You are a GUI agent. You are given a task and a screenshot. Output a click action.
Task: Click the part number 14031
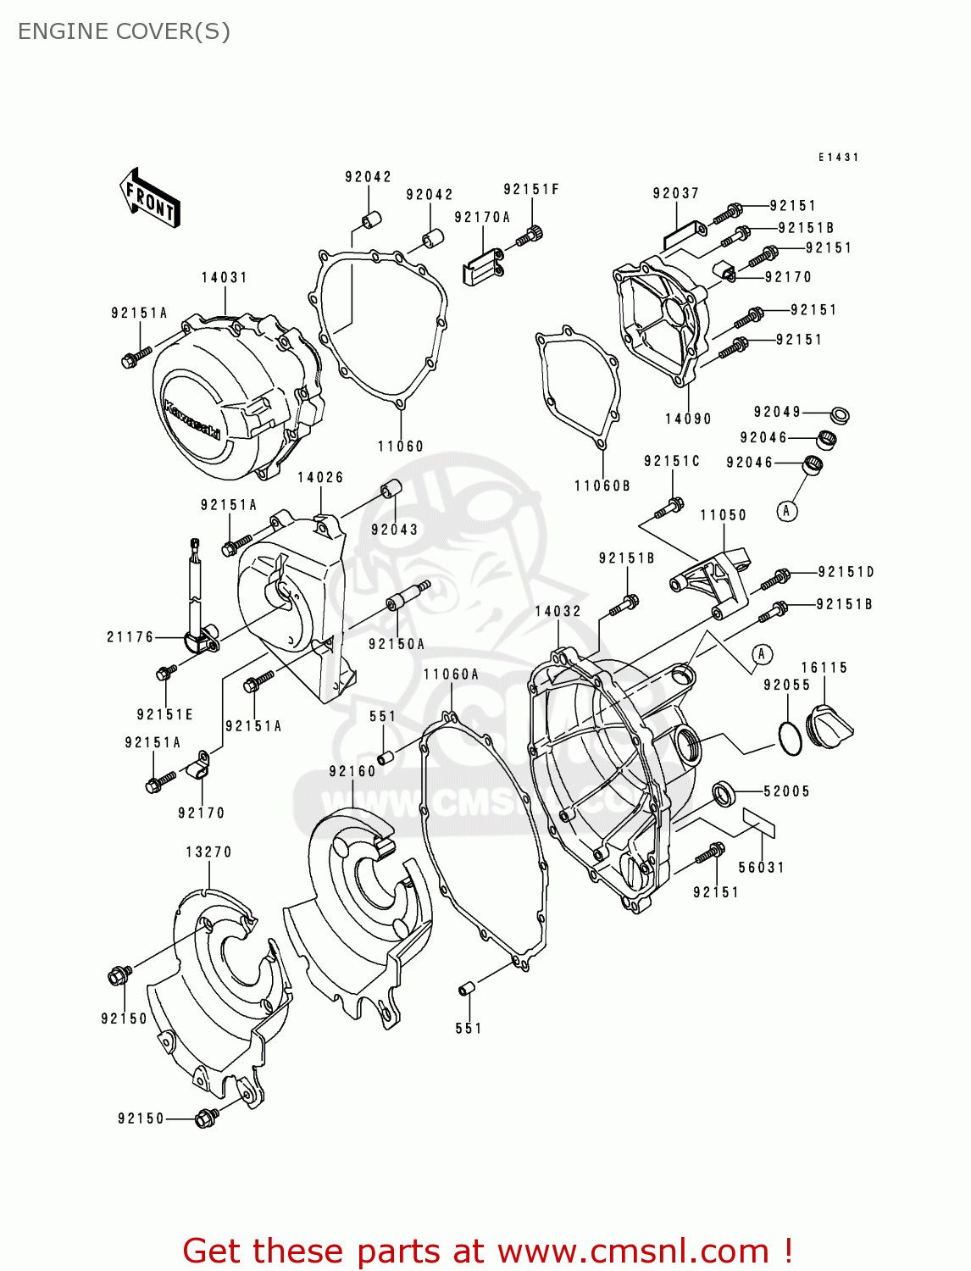tap(225, 278)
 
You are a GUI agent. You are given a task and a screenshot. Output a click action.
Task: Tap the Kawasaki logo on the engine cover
tap(192, 419)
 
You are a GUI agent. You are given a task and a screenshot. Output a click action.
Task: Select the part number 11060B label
tap(602, 486)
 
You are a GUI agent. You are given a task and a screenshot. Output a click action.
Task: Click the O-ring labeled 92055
tap(789, 737)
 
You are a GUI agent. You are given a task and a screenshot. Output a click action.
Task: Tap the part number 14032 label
tap(558, 611)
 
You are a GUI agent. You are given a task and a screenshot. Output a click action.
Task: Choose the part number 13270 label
tap(208, 852)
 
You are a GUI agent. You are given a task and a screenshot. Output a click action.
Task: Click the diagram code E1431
tap(838, 158)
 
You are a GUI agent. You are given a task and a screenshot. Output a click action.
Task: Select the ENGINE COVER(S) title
tap(124, 31)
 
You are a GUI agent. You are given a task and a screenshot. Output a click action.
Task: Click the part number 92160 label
tap(352, 771)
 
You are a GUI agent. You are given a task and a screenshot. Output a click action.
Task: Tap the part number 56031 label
tap(761, 868)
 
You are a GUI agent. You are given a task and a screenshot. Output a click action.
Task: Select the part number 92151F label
tap(531, 190)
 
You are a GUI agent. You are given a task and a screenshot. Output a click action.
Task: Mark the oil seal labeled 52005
tap(723, 794)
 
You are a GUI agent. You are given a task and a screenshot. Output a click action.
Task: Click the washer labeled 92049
tap(839, 415)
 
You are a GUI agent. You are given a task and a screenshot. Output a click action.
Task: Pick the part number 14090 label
tap(688, 419)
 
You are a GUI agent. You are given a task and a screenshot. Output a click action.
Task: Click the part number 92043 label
tap(395, 530)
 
